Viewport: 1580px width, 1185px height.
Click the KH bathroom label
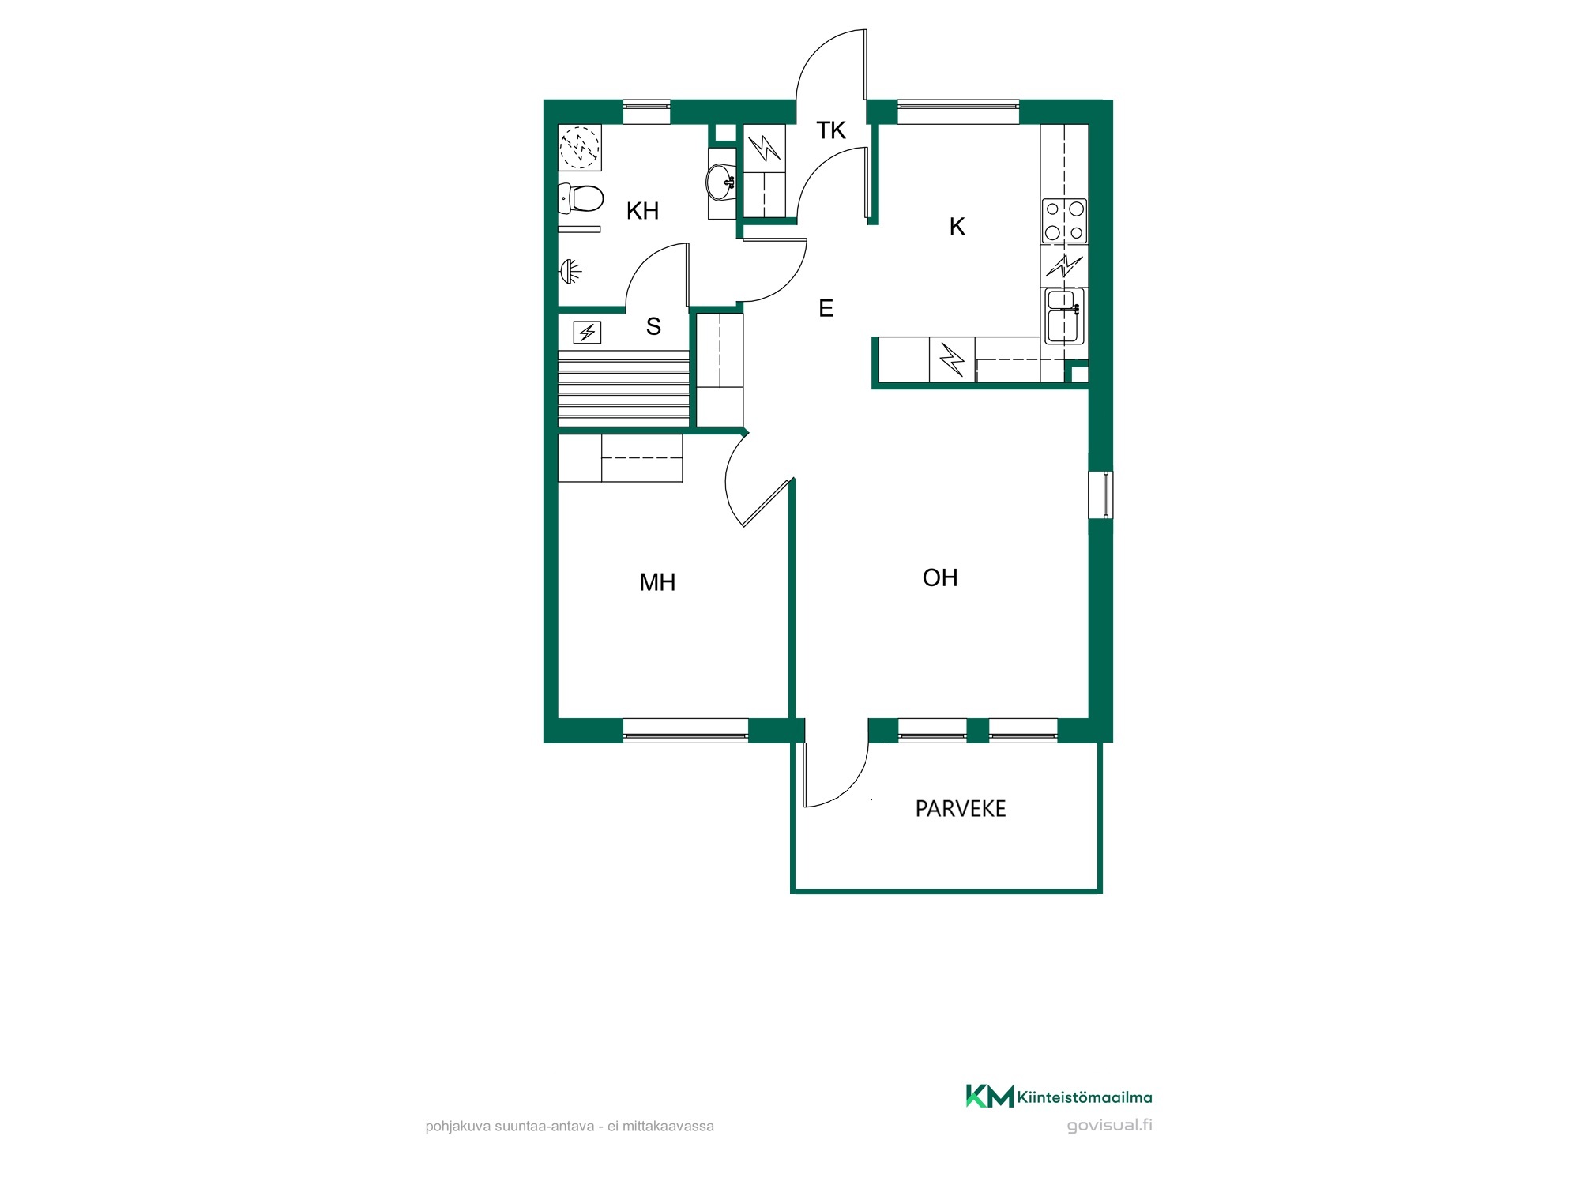coord(642,211)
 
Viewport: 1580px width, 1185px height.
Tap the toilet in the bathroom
coord(581,198)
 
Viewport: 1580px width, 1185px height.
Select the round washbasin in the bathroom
coord(720,182)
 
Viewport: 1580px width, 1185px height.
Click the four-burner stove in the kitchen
coord(1064,220)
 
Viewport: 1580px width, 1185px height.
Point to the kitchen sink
coord(1064,316)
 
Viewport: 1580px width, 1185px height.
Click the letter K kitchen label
coord(957,227)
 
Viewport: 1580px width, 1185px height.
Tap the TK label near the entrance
coord(831,130)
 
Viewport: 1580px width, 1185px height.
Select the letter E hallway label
coord(826,308)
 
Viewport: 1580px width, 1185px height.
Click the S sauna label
coord(653,326)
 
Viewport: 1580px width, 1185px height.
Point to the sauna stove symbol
coord(587,333)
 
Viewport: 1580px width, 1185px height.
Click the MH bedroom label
coord(657,583)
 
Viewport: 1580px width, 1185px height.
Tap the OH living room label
coord(940,578)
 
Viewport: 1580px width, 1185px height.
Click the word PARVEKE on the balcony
coord(961,809)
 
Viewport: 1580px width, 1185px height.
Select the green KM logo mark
coord(990,1097)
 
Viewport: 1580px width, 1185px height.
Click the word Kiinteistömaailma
coord(1085,1097)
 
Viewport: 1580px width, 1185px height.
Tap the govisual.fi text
coord(1109,1126)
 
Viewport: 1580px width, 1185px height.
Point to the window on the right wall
coord(1100,495)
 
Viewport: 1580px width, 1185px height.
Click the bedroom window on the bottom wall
coord(686,731)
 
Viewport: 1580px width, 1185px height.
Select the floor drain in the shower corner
coord(580,147)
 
